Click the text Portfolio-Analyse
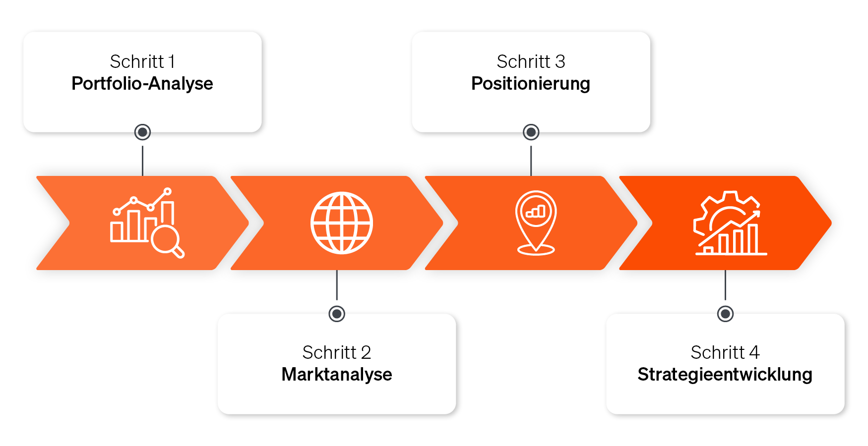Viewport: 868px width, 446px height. click(x=142, y=84)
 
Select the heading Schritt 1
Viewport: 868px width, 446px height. click(x=142, y=62)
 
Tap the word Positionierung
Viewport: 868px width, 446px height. click(x=530, y=84)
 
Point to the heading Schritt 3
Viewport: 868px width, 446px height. click(x=530, y=62)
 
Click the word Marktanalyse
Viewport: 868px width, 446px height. click(x=336, y=375)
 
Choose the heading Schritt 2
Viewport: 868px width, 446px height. click(x=336, y=353)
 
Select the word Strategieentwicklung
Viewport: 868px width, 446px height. click(x=725, y=375)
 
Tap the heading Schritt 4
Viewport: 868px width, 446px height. click(x=725, y=353)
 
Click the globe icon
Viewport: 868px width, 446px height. click(x=341, y=223)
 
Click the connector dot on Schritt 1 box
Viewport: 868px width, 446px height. click(x=142, y=132)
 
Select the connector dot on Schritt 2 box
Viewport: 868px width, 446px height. click(x=337, y=314)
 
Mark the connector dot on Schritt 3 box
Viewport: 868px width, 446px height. click(x=531, y=132)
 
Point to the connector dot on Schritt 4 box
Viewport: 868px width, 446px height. click(x=725, y=314)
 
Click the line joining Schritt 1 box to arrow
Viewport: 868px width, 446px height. click(x=142, y=160)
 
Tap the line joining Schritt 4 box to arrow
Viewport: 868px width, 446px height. click(x=725, y=285)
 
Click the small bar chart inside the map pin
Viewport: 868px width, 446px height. click(x=536, y=212)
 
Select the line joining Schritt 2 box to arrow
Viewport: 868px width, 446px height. click(x=337, y=285)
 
